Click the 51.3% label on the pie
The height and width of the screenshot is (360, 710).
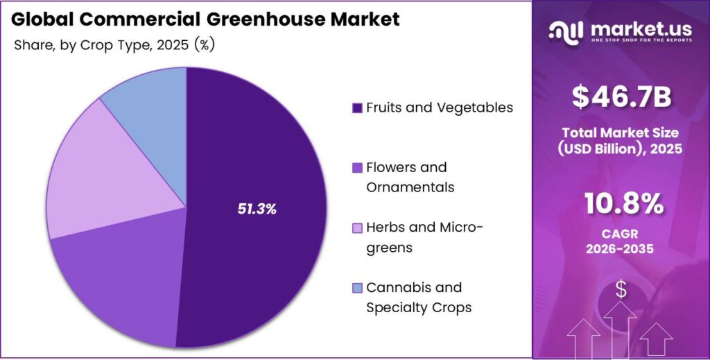pos(257,209)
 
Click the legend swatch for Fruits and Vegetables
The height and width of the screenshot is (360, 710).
pos(357,108)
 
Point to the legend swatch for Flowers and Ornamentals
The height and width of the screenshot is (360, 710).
pos(357,168)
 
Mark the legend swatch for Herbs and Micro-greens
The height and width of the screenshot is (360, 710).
pos(357,228)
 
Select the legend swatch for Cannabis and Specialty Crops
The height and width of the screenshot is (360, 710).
pos(357,288)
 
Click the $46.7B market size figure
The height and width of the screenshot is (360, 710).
pos(621,98)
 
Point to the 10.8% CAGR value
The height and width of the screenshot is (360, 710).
pos(622,204)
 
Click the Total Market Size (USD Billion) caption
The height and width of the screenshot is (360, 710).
pos(621,140)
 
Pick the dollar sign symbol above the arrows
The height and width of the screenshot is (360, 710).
pos(621,289)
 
